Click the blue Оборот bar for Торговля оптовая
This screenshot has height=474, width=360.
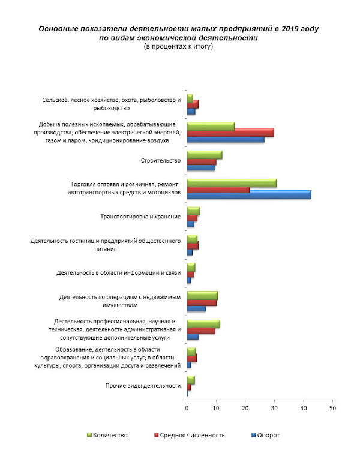249,195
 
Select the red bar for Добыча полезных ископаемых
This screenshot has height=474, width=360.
230,133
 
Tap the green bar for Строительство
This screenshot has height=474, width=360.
205,155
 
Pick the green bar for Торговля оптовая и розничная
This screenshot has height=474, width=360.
232,183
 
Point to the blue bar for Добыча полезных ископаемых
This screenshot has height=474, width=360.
226,140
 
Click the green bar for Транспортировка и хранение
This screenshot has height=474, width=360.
193,211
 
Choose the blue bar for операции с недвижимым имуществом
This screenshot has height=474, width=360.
196,308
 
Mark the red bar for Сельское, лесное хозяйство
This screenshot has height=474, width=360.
193,104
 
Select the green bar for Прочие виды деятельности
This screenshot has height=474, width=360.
191,380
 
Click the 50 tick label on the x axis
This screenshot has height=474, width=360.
332,409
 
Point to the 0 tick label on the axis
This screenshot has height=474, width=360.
187,409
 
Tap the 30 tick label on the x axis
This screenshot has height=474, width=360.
274,409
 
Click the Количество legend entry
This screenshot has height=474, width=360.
107,436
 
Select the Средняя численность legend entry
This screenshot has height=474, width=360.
190,436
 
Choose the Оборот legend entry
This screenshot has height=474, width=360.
266,436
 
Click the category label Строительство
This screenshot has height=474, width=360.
161,161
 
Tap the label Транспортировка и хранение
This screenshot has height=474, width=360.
140,217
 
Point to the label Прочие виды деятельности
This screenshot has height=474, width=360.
143,386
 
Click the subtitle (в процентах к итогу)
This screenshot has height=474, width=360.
178,47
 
